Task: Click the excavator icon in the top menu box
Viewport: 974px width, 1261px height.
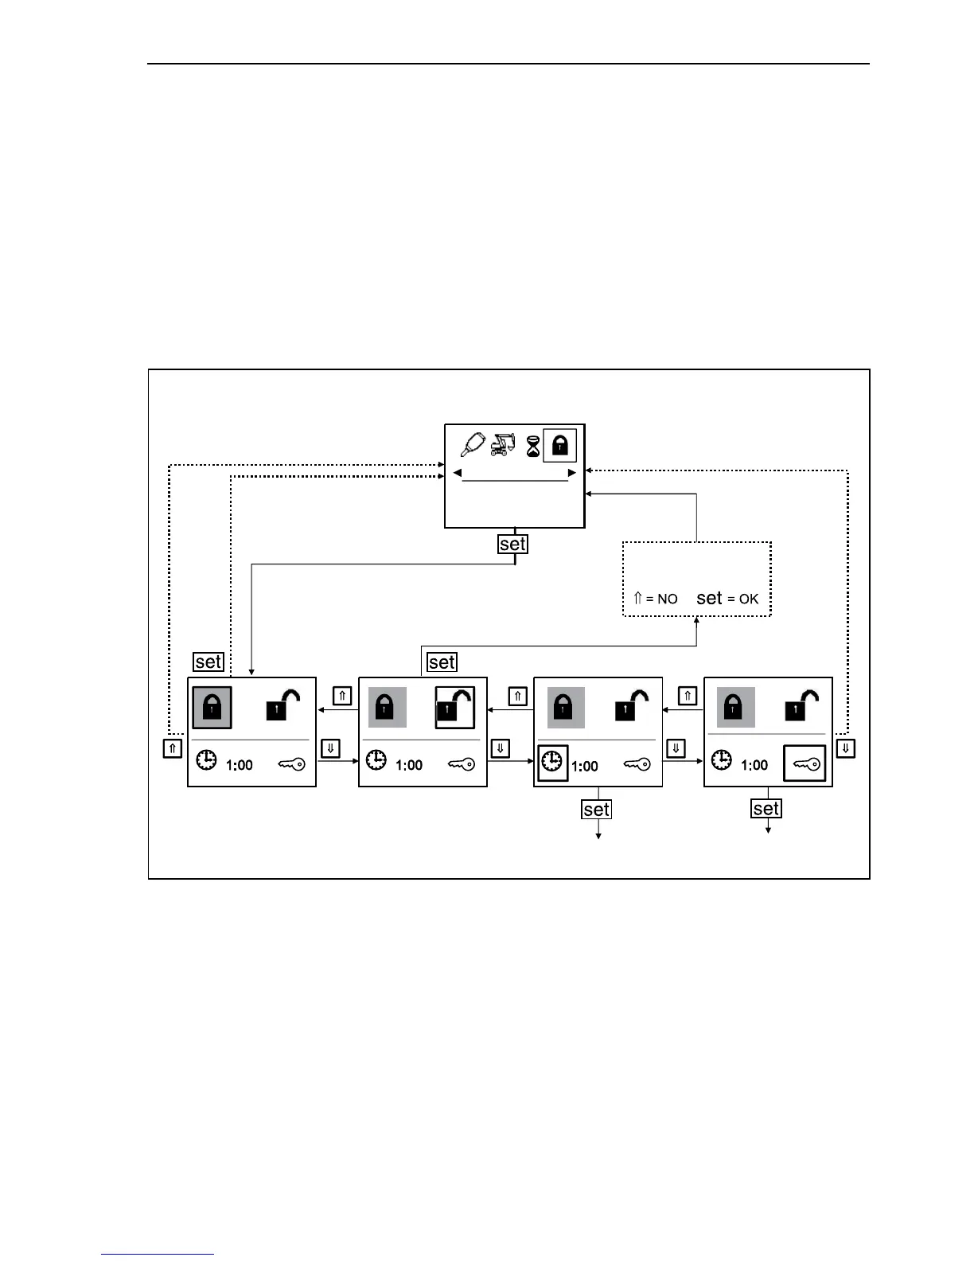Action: pyautogui.click(x=503, y=444)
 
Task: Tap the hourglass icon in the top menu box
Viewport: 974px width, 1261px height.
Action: pyautogui.click(x=533, y=446)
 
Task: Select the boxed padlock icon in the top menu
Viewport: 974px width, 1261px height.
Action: pyautogui.click(x=559, y=445)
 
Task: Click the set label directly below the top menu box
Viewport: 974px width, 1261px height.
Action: pyautogui.click(x=513, y=545)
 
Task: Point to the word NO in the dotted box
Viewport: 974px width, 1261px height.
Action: pyautogui.click(x=667, y=599)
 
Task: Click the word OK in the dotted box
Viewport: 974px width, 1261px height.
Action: pyautogui.click(x=749, y=599)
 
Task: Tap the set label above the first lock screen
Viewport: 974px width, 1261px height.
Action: pyautogui.click(x=208, y=662)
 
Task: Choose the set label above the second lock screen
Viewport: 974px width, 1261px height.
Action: pyautogui.click(x=442, y=662)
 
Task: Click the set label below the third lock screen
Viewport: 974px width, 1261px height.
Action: pyautogui.click(x=596, y=810)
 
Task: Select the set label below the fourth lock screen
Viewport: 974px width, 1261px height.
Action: pyautogui.click(x=766, y=809)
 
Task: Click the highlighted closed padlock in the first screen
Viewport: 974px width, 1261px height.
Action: pyautogui.click(x=212, y=707)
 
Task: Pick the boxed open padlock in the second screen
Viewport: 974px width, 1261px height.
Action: pyautogui.click(x=455, y=707)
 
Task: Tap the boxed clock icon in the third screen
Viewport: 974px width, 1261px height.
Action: pyautogui.click(x=552, y=763)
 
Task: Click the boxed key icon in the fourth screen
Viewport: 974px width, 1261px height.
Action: pyautogui.click(x=805, y=763)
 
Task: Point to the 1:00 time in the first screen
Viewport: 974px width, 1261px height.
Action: pyautogui.click(x=240, y=765)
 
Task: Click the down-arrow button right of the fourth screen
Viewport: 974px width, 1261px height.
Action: pyautogui.click(x=846, y=748)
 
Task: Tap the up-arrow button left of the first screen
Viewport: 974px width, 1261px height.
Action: pyautogui.click(x=173, y=748)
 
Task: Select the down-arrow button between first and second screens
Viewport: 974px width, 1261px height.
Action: pyautogui.click(x=330, y=748)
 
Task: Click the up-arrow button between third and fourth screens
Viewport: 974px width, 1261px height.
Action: pyautogui.click(x=688, y=696)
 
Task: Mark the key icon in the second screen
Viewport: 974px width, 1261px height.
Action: pyautogui.click(x=461, y=764)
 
